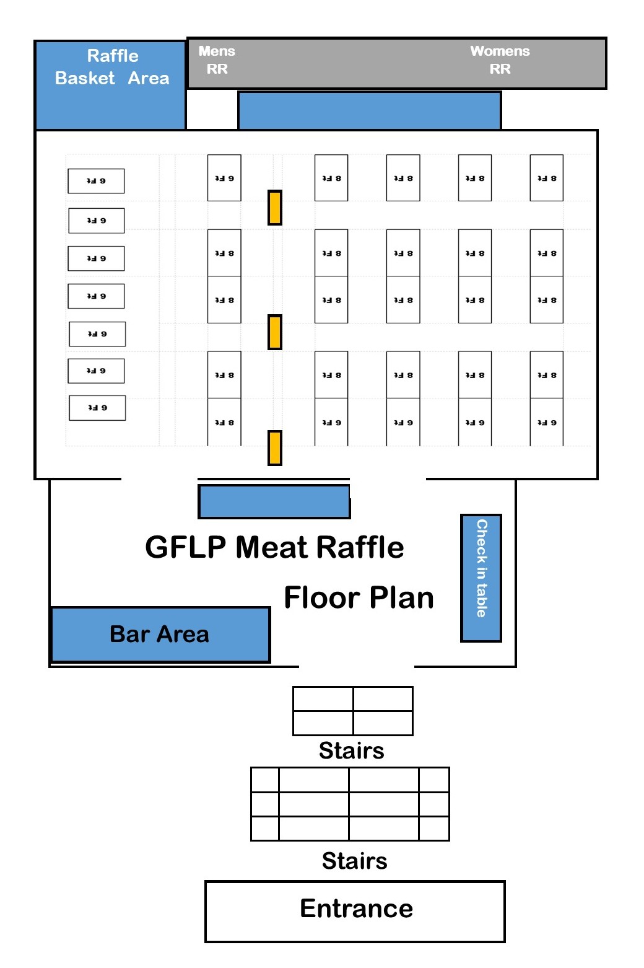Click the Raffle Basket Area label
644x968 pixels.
[112, 67]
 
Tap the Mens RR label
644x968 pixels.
[217, 60]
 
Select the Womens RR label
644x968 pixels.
[500, 60]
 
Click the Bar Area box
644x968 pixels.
[160, 635]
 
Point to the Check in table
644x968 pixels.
[481, 578]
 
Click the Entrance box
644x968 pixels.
[355, 911]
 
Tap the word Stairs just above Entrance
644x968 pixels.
[354, 861]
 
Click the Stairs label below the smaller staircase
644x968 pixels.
[351, 750]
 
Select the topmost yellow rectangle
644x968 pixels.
[275, 208]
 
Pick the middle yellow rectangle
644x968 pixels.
[275, 332]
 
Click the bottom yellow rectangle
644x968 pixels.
[275, 447]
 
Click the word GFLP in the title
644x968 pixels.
[185, 548]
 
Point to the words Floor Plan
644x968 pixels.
[359, 598]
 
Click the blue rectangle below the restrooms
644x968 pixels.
[369, 111]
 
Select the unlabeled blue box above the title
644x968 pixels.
[274, 501]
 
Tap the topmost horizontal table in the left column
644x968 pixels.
[96, 181]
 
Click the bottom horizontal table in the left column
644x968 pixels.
[97, 408]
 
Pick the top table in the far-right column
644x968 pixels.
[546, 178]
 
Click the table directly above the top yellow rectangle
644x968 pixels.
[224, 178]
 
